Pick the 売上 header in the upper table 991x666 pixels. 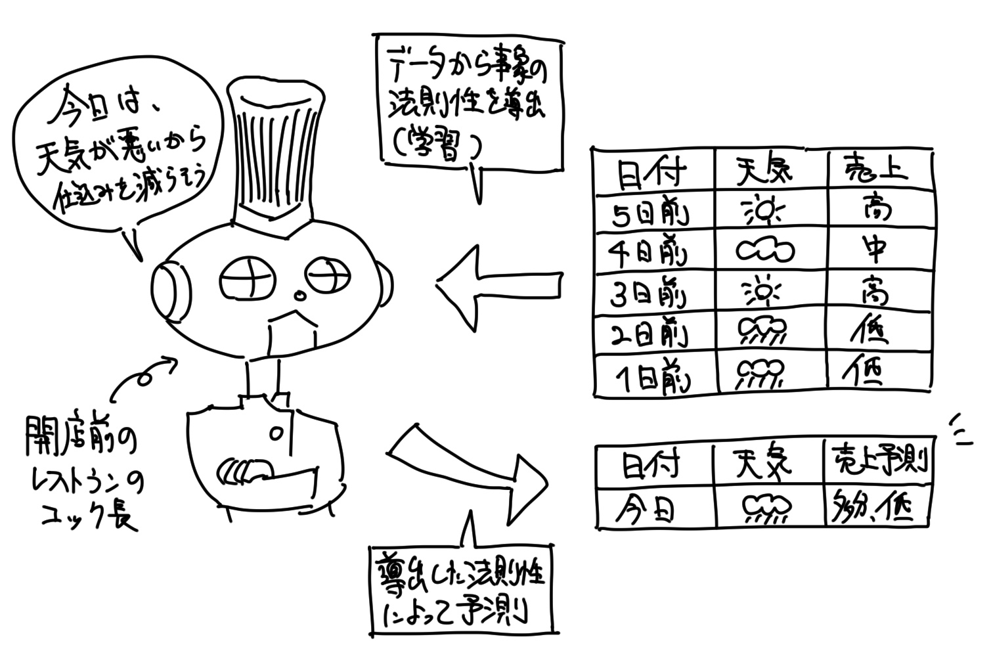[x=875, y=171]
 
